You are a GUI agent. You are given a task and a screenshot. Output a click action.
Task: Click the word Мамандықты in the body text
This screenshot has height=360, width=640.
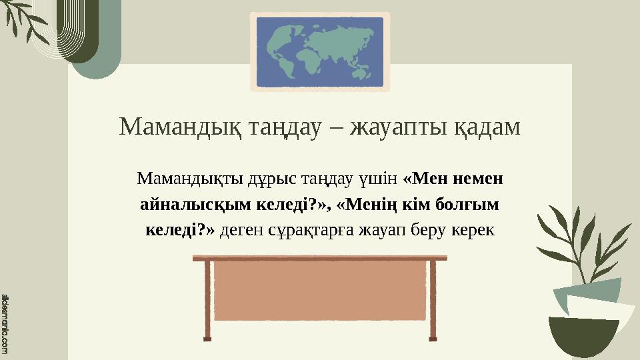[x=180, y=179]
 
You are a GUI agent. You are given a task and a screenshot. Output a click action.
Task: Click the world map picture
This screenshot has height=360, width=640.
[x=320, y=52]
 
